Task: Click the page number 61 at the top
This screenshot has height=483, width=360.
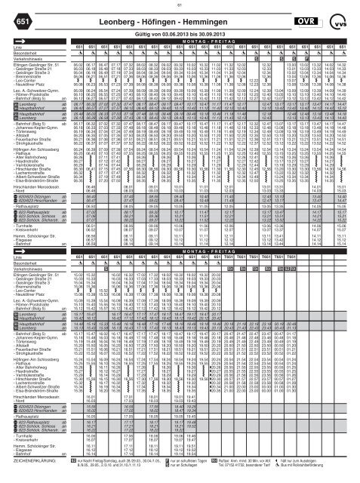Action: pyautogui.click(x=180, y=5)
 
